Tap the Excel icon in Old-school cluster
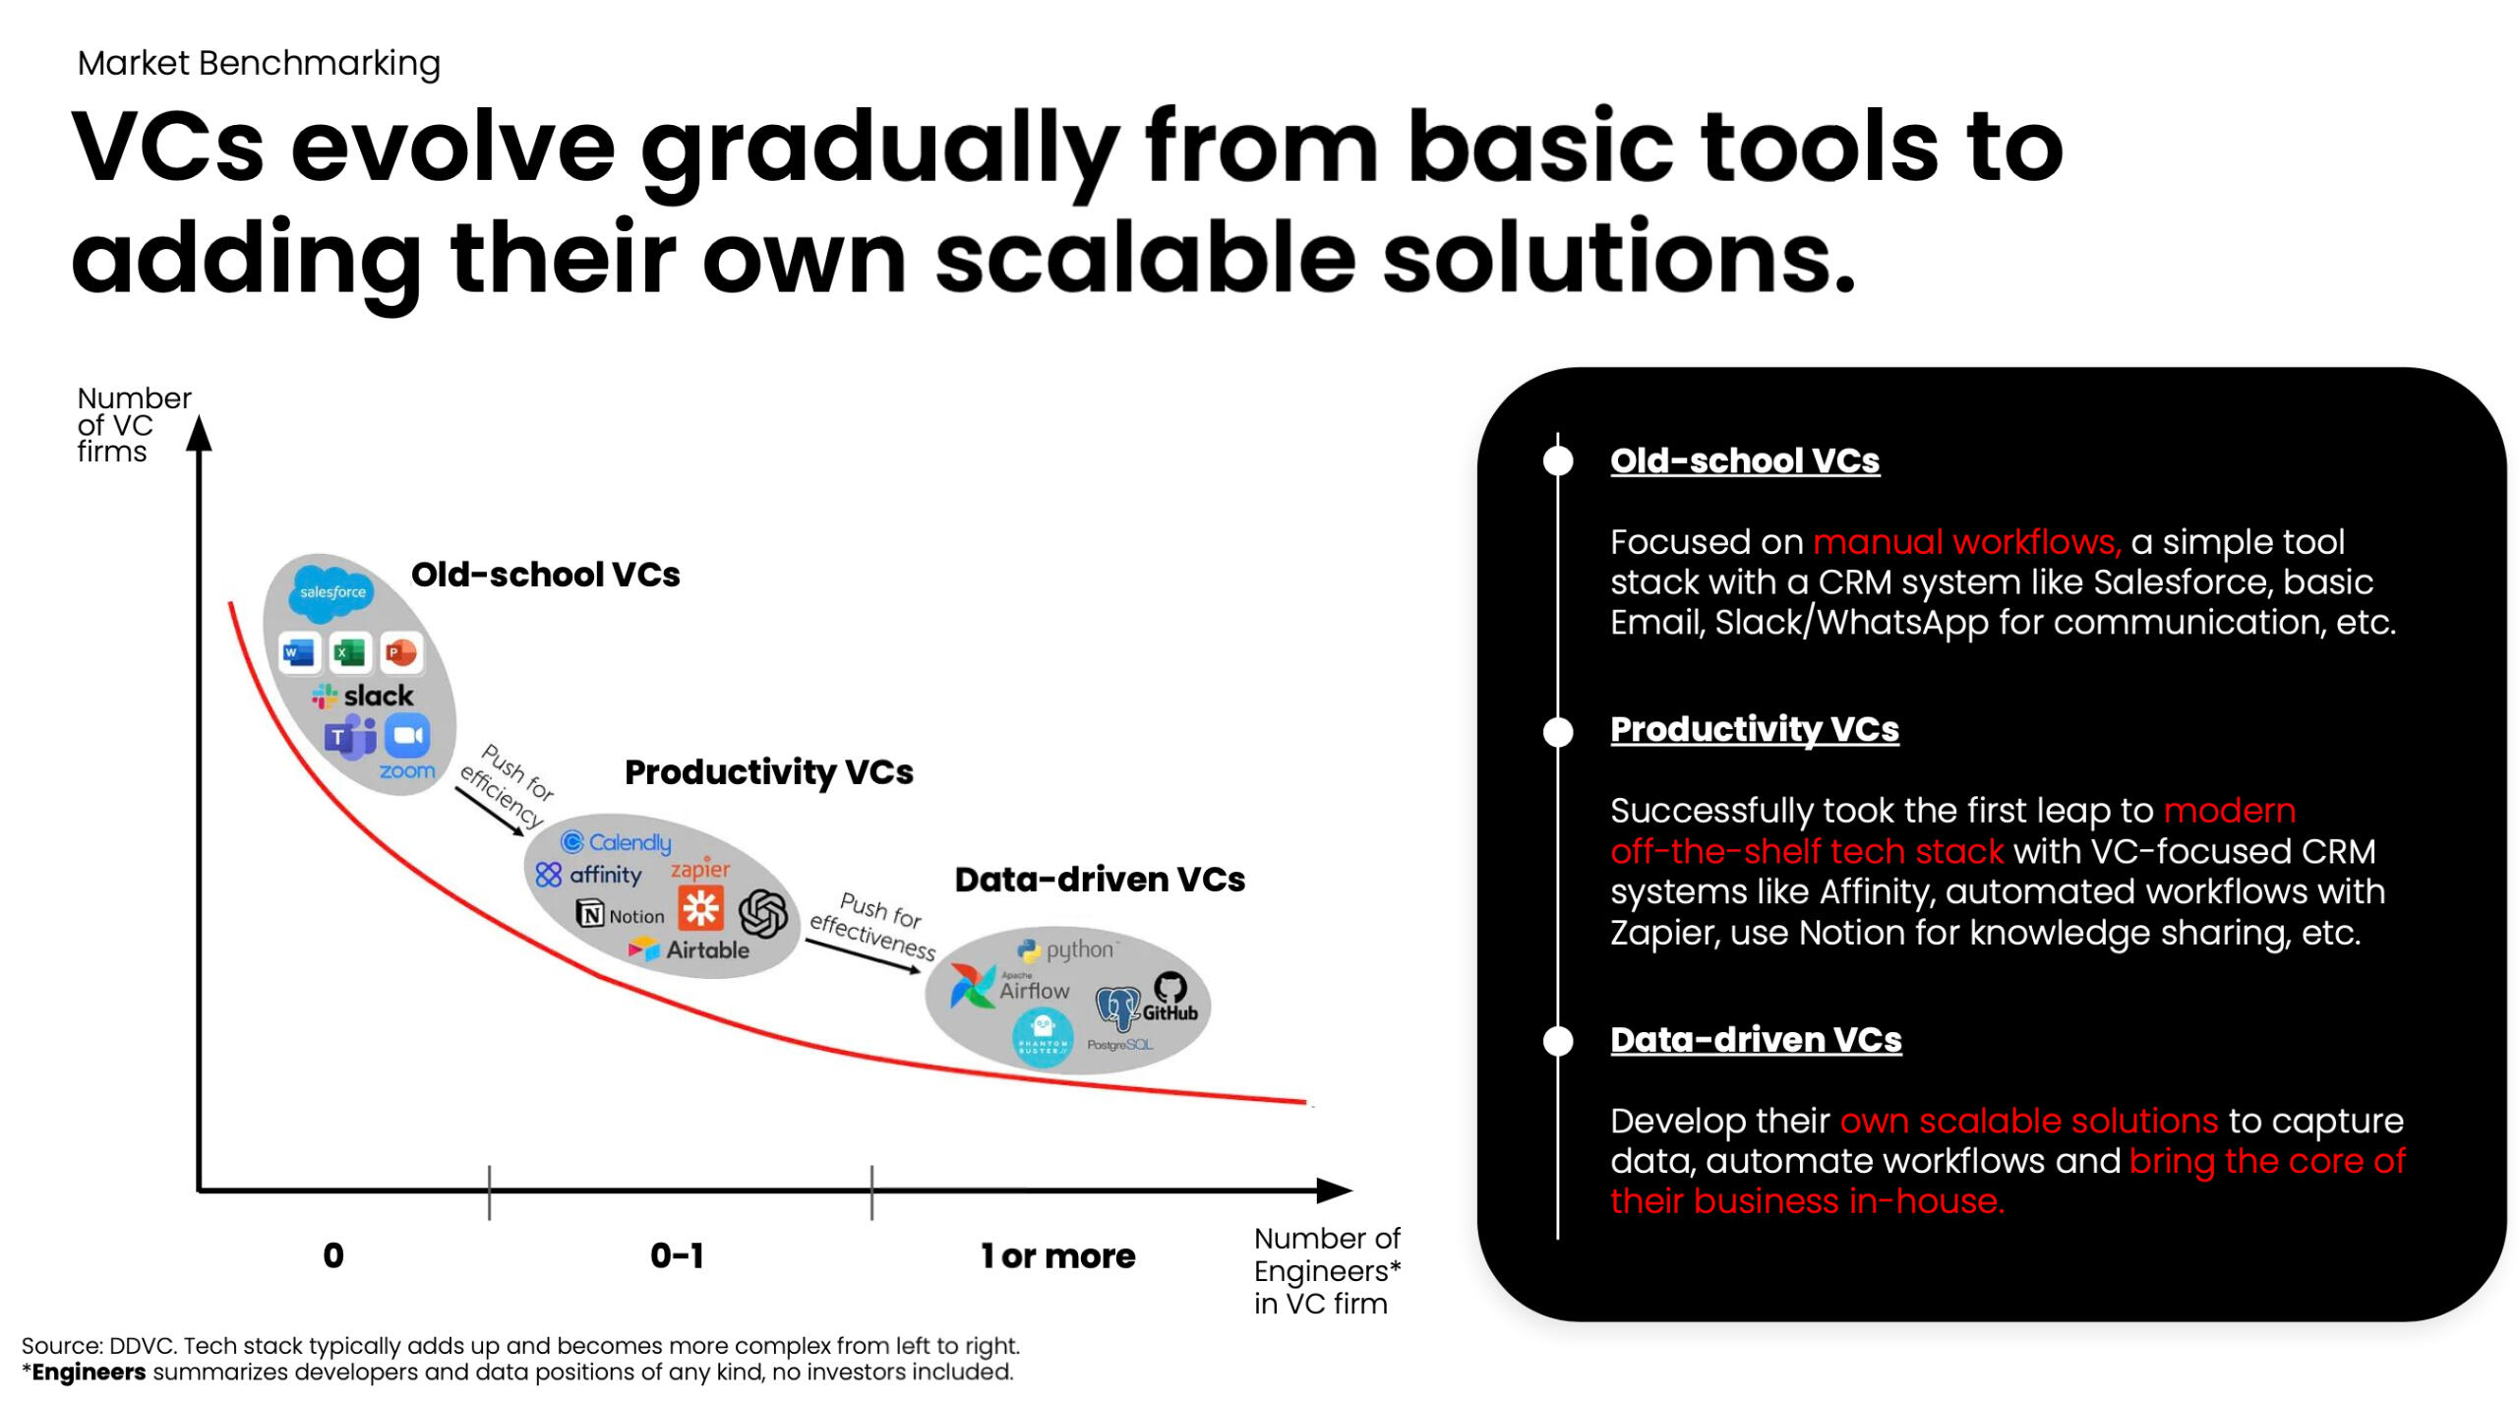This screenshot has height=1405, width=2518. (x=349, y=652)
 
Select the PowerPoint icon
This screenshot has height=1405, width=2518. (x=400, y=652)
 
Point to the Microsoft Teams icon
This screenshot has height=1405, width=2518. (x=349, y=737)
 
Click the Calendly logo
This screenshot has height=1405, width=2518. (x=616, y=842)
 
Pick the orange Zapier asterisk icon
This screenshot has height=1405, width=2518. (x=700, y=907)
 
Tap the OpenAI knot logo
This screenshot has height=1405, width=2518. (x=763, y=913)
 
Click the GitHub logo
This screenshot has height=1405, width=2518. (x=1169, y=997)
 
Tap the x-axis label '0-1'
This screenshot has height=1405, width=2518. (x=677, y=1255)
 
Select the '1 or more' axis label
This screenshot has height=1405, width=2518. (x=1057, y=1255)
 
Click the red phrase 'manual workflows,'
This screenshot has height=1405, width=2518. (x=1967, y=542)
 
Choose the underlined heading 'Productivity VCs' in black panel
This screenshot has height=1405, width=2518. (x=1754, y=729)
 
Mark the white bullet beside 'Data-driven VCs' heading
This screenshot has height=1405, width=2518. (x=1558, y=1040)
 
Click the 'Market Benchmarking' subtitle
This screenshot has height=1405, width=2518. (x=259, y=63)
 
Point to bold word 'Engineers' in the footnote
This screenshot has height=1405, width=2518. (x=89, y=1372)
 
